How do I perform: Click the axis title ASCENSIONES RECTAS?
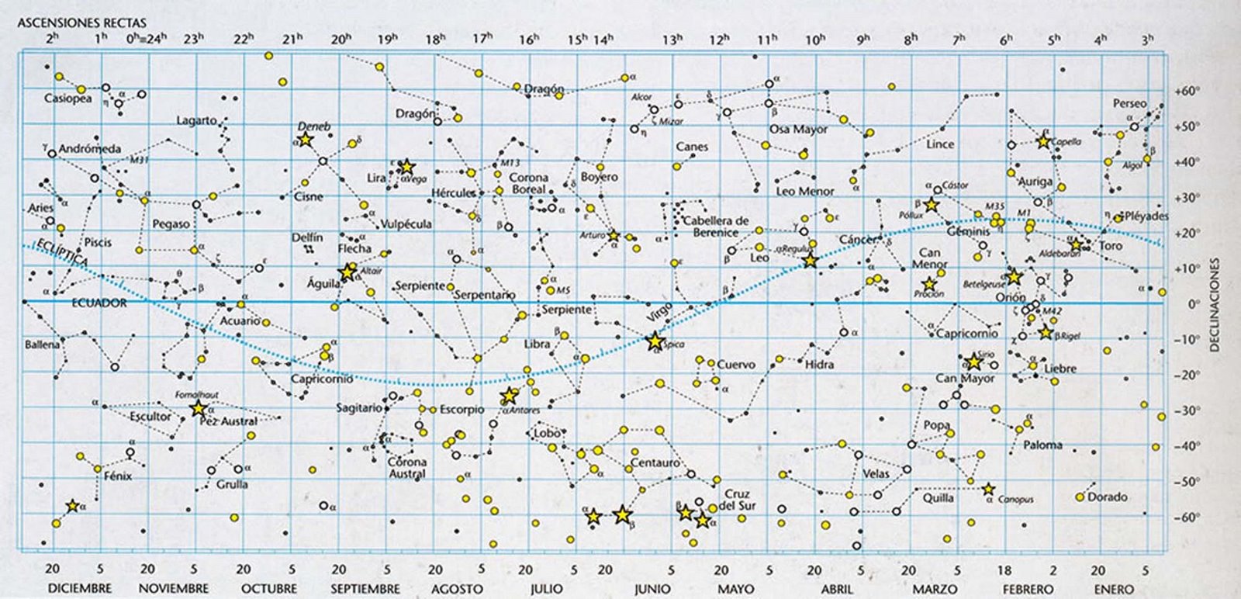81,23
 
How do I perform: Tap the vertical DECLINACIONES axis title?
1215,305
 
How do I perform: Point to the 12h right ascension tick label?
719,39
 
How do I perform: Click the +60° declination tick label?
1187,91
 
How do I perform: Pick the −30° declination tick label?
1187,410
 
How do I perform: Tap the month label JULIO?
546,589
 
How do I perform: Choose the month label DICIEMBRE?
80,589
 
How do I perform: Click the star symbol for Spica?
654,341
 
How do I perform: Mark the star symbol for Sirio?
974,362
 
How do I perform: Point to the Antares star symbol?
509,396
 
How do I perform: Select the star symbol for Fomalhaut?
198,408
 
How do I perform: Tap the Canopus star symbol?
988,490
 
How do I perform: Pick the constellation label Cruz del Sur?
737,500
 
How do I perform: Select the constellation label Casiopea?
67,99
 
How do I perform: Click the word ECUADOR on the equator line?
99,303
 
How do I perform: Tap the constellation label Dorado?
1107,497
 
